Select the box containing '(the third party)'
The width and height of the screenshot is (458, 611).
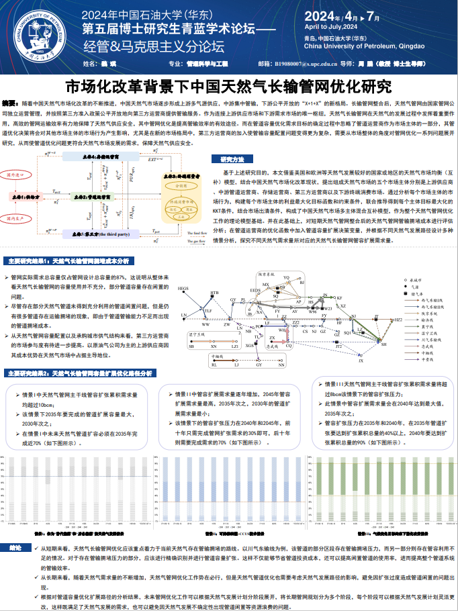(x=102, y=234)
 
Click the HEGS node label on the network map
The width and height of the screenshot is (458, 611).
(x=183, y=289)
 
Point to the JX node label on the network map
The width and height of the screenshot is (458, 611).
(x=361, y=361)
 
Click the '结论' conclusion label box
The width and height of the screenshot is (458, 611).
(x=16, y=548)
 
